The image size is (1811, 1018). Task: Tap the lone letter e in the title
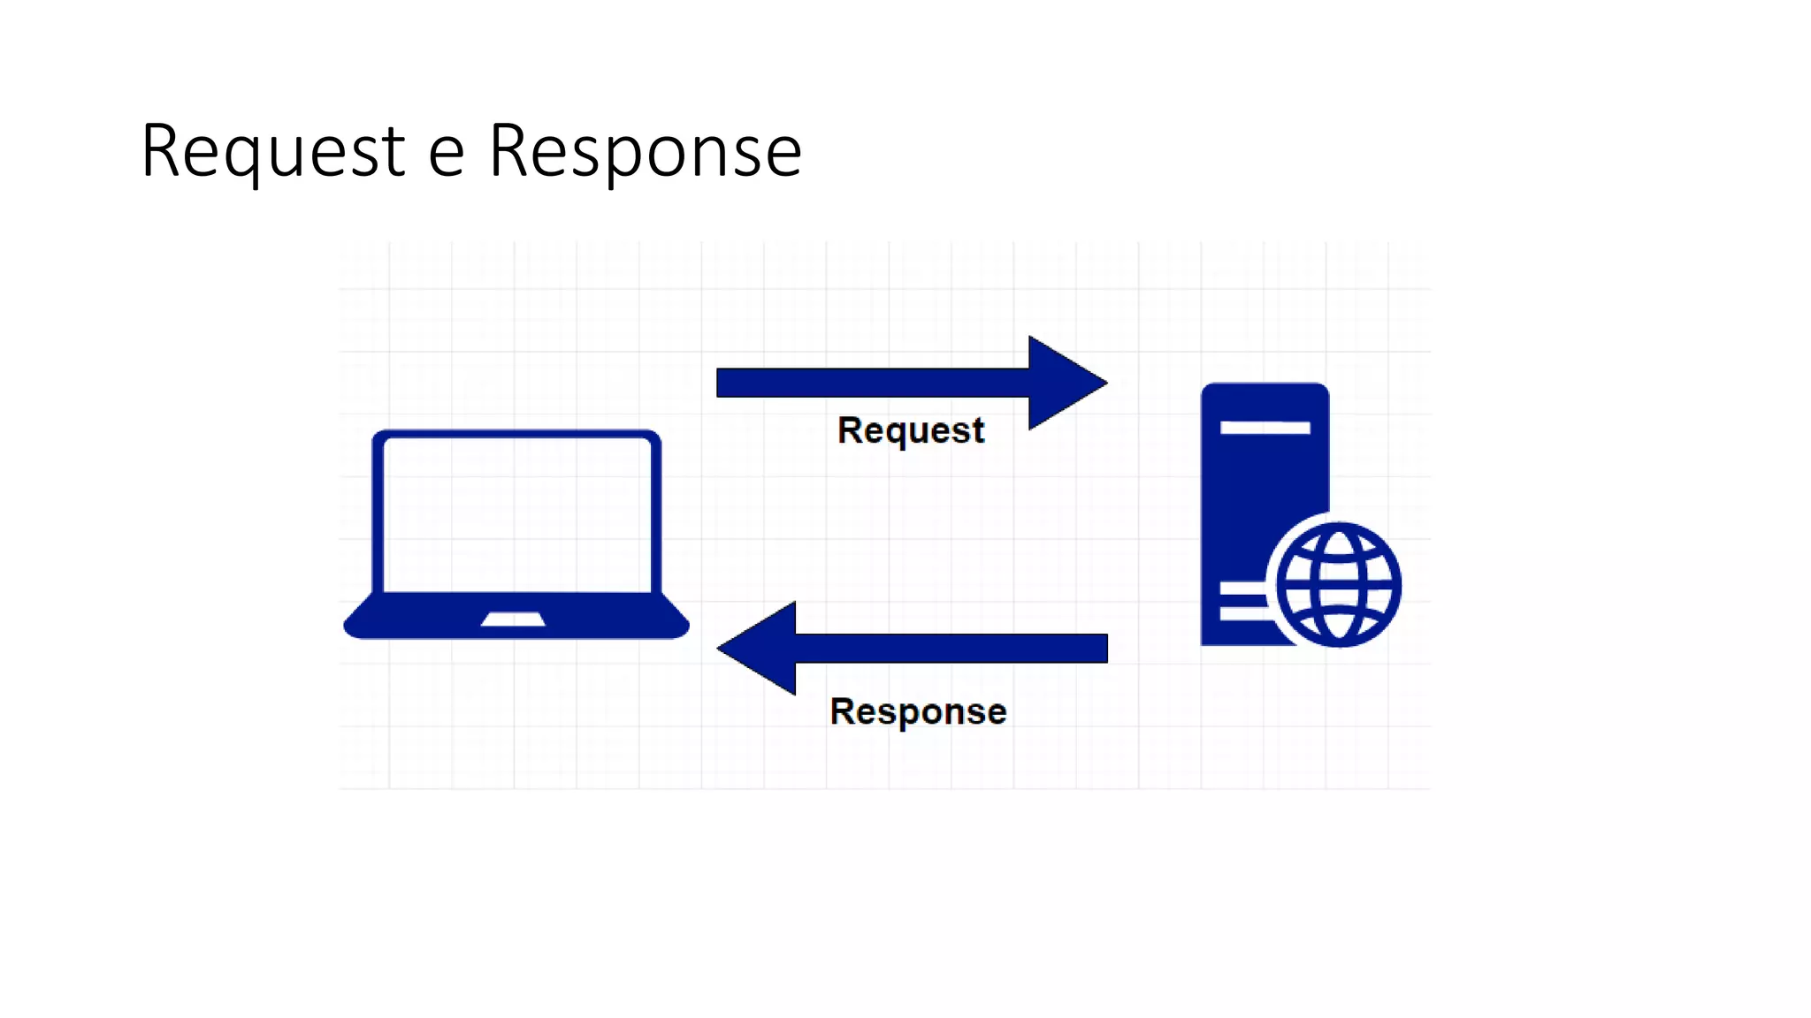(446, 154)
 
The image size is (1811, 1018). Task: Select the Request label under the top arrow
(910, 430)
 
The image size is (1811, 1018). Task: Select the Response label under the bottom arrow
(918, 711)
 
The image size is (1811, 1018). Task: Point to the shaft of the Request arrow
(872, 383)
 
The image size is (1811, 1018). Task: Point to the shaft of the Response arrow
(951, 648)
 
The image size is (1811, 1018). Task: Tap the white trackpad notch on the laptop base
(513, 619)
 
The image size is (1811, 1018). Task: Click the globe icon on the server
(1339, 585)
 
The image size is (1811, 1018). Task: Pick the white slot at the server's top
(1265, 428)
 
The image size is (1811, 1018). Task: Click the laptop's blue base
(416, 619)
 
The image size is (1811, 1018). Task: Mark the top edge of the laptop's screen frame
(516, 434)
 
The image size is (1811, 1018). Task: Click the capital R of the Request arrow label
(850, 430)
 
